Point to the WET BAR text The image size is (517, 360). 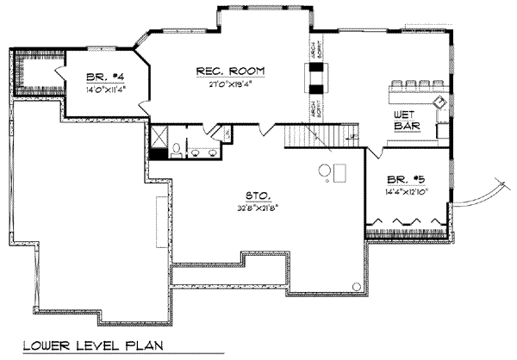(407, 120)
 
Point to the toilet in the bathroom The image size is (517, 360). (177, 151)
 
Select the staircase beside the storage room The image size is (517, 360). (308, 135)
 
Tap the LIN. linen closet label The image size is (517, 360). (227, 133)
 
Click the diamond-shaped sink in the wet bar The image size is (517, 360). (439, 102)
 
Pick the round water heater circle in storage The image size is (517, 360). (324, 171)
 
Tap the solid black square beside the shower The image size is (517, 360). (158, 153)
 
